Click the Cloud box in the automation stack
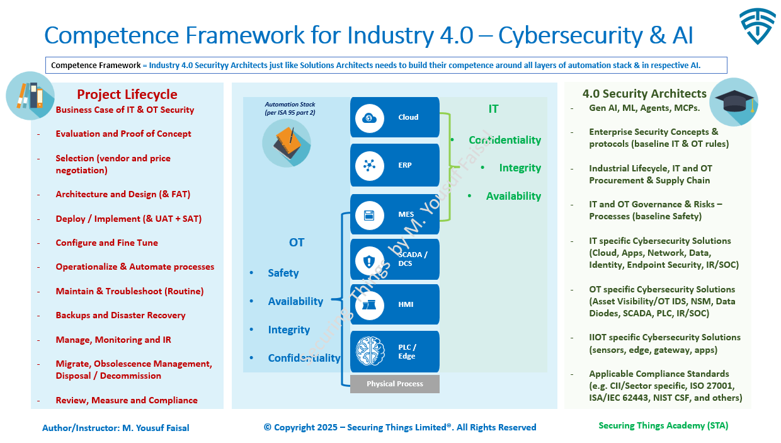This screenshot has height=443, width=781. click(x=395, y=117)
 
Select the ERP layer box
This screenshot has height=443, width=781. click(x=395, y=165)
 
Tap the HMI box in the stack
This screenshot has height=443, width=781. click(x=395, y=304)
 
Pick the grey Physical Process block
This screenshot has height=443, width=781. click(x=395, y=384)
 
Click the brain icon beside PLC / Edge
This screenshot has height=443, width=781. click(x=370, y=352)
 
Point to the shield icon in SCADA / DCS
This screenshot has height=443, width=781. click(x=370, y=260)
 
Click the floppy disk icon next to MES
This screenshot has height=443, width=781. click(x=370, y=215)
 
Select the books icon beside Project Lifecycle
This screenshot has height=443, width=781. click(x=30, y=96)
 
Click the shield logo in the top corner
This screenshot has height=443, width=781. click(x=758, y=27)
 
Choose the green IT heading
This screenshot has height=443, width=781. click(x=493, y=109)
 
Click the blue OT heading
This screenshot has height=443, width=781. click(x=297, y=243)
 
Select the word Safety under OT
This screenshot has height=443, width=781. click(x=283, y=273)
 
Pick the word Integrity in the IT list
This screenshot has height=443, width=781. click(x=520, y=168)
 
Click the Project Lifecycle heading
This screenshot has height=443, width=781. click(x=127, y=95)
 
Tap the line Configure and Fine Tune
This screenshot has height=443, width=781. click(x=106, y=243)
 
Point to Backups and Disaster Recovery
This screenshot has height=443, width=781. click(x=120, y=315)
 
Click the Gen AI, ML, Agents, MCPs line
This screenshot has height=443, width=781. click(x=644, y=108)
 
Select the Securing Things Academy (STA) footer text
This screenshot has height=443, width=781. click(x=663, y=425)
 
